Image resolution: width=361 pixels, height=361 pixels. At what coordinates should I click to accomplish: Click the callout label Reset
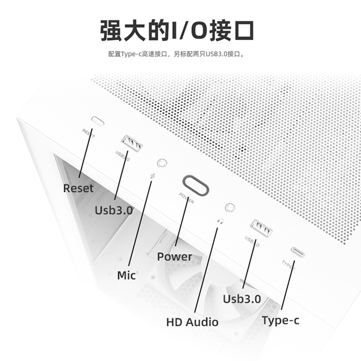pos(79,188)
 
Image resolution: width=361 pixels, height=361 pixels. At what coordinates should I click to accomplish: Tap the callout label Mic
pos(126,275)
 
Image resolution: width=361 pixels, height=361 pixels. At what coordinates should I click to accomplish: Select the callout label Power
pos(175,257)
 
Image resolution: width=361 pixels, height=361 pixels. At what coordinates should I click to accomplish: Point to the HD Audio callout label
pos(192,322)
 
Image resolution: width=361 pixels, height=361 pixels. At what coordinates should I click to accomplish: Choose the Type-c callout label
pos(280,320)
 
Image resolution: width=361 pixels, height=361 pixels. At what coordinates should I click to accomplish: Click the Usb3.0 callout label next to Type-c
pos(242,299)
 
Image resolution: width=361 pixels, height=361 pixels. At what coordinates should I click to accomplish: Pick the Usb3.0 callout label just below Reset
pos(114,210)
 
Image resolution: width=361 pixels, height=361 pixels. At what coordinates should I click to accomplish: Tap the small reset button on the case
pos(97,121)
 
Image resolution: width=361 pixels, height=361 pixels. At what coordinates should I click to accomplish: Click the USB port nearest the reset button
pos(132,144)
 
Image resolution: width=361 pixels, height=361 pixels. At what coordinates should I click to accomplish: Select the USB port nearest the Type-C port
pos(262,229)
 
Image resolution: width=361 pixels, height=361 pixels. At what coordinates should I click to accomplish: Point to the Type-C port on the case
pos(297,252)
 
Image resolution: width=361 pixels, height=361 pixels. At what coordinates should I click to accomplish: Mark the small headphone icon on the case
pos(220,222)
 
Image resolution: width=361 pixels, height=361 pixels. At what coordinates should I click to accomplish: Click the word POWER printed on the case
pos(186,199)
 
